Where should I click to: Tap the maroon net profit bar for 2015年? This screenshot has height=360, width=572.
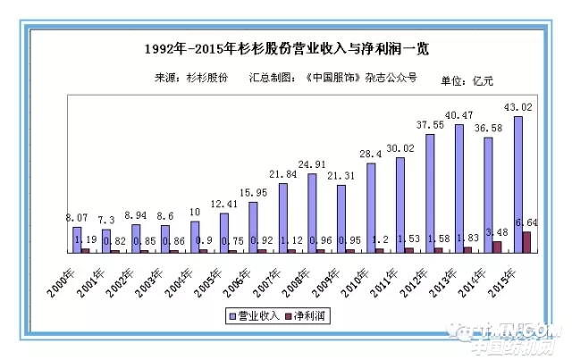[526, 241]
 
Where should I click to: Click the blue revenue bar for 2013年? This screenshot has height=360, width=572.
[459, 188]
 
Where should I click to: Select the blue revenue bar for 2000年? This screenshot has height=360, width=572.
[77, 239]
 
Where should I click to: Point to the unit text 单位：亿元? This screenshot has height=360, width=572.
[467, 81]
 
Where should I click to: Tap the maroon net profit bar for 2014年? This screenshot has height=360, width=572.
[497, 247]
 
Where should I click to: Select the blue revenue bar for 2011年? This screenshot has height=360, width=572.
[400, 205]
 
